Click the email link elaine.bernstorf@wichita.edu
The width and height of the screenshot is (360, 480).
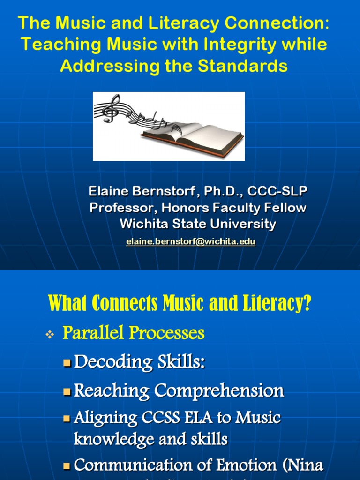pyautogui.click(x=190, y=241)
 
